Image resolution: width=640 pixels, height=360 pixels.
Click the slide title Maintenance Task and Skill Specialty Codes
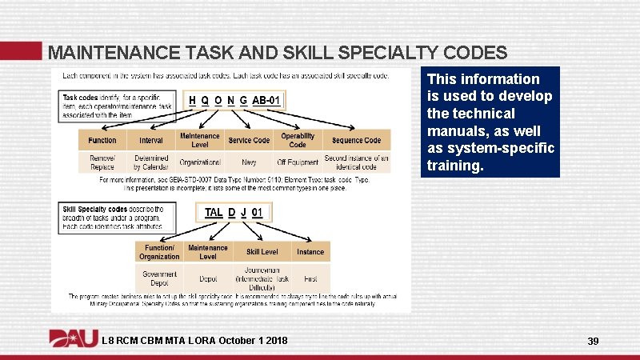click(x=277, y=54)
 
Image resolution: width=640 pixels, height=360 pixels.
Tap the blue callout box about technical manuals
click(x=491, y=122)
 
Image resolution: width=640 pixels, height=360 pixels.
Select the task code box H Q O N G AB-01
click(x=234, y=100)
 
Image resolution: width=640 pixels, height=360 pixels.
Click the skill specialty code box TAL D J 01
click(x=233, y=212)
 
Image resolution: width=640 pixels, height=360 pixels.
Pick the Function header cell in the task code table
click(x=102, y=140)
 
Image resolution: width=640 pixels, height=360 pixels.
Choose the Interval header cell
click(x=151, y=140)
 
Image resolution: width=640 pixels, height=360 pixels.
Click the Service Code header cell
click(x=249, y=140)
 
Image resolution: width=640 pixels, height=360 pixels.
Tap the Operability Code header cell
click(x=298, y=140)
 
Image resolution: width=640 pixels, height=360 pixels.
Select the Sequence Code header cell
click(x=357, y=140)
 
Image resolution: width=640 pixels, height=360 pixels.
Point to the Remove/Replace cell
click(x=102, y=162)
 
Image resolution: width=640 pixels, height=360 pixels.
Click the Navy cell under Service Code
click(x=249, y=162)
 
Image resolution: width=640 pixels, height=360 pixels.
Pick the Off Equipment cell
click(x=298, y=162)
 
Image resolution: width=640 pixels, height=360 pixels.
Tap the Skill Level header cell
click(x=262, y=252)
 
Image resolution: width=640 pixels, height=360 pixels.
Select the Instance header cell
click(x=310, y=252)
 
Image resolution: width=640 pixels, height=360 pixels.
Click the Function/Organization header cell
click(x=159, y=252)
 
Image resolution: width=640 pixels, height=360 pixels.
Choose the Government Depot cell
click(x=159, y=278)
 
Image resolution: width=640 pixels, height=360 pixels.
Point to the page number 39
click(x=593, y=342)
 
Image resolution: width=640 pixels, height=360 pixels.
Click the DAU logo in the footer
click(x=74, y=340)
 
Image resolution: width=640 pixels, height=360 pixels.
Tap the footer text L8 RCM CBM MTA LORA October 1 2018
click(x=194, y=342)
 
